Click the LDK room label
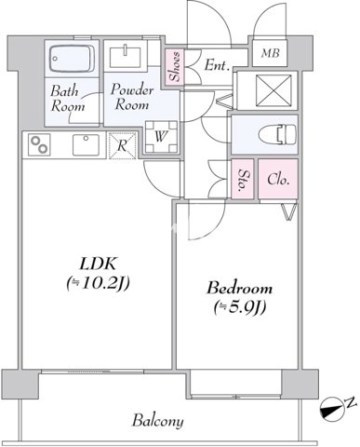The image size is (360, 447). (99, 264)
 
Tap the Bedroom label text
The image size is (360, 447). (240, 288)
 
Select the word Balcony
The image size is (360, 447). (157, 421)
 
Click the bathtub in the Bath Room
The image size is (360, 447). (72, 59)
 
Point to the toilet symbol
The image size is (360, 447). (277, 134)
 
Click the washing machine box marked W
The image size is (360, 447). (161, 136)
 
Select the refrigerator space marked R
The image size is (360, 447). (122, 145)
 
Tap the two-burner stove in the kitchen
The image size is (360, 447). (39, 144)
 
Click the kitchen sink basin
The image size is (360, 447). (86, 144)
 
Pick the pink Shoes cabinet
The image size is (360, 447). (174, 66)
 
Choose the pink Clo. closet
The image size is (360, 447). (278, 179)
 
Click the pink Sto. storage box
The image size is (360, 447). (243, 179)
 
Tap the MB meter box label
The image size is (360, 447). (270, 53)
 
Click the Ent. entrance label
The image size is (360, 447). (218, 65)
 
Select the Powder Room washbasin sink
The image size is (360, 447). (127, 56)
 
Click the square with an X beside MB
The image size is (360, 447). (273, 90)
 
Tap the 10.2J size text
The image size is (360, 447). (98, 283)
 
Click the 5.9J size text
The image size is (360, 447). (240, 307)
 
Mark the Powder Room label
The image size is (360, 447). (131, 97)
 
